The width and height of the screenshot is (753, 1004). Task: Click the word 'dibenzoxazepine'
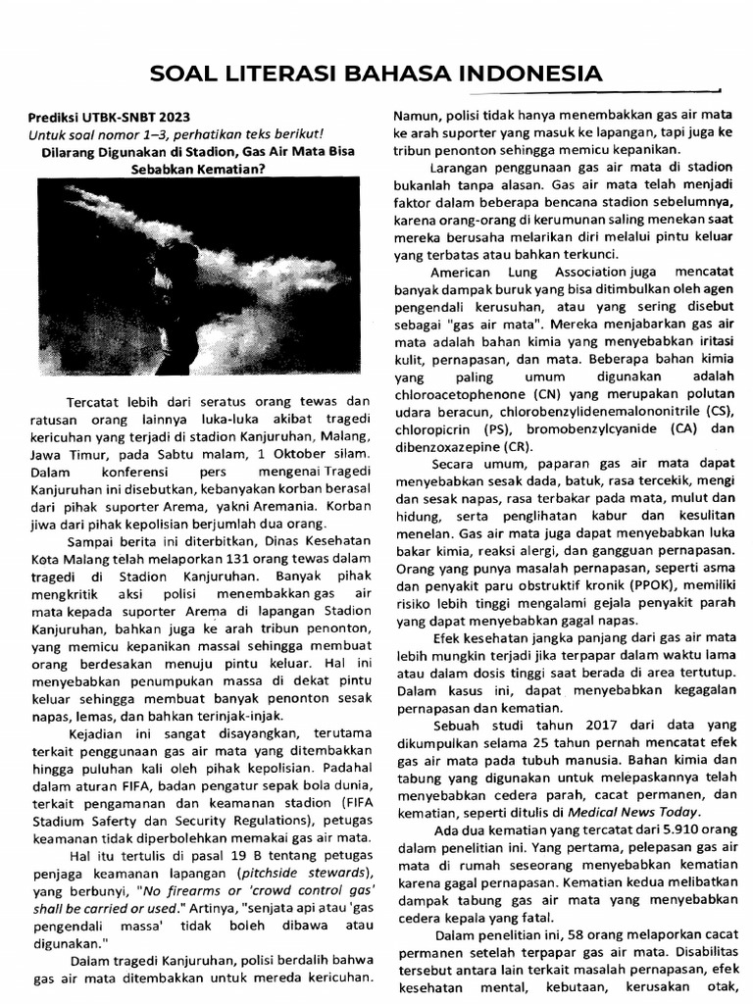point(445,446)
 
